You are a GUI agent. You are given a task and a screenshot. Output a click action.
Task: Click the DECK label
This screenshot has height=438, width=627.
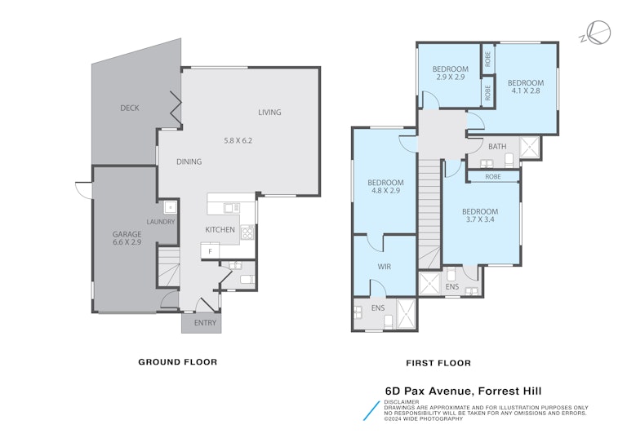[x=130, y=108]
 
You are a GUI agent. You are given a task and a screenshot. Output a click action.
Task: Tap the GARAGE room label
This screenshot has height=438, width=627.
[x=127, y=235]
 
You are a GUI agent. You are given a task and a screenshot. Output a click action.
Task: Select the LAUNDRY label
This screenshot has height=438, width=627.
[x=161, y=222]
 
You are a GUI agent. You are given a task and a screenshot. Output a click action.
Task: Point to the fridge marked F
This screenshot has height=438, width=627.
[x=211, y=251]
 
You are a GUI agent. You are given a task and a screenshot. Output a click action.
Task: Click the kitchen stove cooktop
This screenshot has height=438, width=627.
[x=247, y=232]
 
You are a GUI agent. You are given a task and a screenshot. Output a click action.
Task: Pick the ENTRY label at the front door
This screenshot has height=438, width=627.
[x=205, y=323]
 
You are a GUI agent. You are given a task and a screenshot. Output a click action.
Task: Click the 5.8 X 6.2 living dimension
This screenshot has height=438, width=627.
[x=238, y=140]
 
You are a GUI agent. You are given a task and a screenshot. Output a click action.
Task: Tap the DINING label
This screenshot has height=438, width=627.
[x=189, y=161]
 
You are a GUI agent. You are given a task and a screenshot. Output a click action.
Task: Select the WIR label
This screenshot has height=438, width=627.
[x=385, y=267]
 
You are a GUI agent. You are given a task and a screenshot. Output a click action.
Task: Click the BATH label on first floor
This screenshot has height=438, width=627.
[x=497, y=147]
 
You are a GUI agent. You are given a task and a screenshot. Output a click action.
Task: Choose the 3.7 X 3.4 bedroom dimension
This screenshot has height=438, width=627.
[x=480, y=219]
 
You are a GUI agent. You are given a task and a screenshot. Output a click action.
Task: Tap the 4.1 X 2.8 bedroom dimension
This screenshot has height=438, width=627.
[x=526, y=91]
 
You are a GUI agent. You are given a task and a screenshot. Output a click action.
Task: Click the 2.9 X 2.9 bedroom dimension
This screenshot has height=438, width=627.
[x=451, y=77]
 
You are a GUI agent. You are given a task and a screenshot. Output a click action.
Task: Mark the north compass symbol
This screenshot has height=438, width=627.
[x=596, y=33]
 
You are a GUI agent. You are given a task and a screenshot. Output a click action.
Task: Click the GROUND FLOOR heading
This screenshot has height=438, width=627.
[x=177, y=362]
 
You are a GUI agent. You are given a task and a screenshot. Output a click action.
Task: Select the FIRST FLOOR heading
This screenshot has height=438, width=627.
[x=438, y=363]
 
